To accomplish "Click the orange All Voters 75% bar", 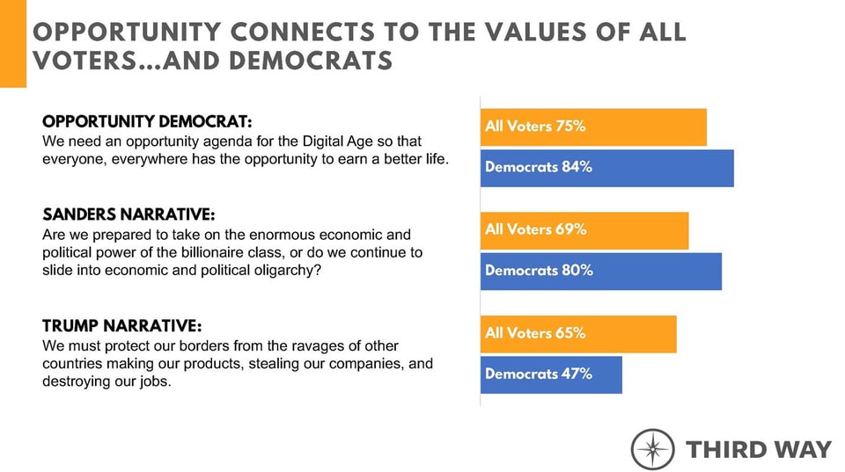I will point(593,127).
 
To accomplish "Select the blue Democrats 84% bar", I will point(606,168).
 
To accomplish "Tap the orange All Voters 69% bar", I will point(584,230).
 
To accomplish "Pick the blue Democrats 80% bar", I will point(600,272).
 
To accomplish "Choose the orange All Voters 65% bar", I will point(578,334).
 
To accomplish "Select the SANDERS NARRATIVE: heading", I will point(128,215).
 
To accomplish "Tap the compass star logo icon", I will point(653,449).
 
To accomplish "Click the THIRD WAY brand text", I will point(758,449).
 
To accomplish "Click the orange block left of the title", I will point(13,44).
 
